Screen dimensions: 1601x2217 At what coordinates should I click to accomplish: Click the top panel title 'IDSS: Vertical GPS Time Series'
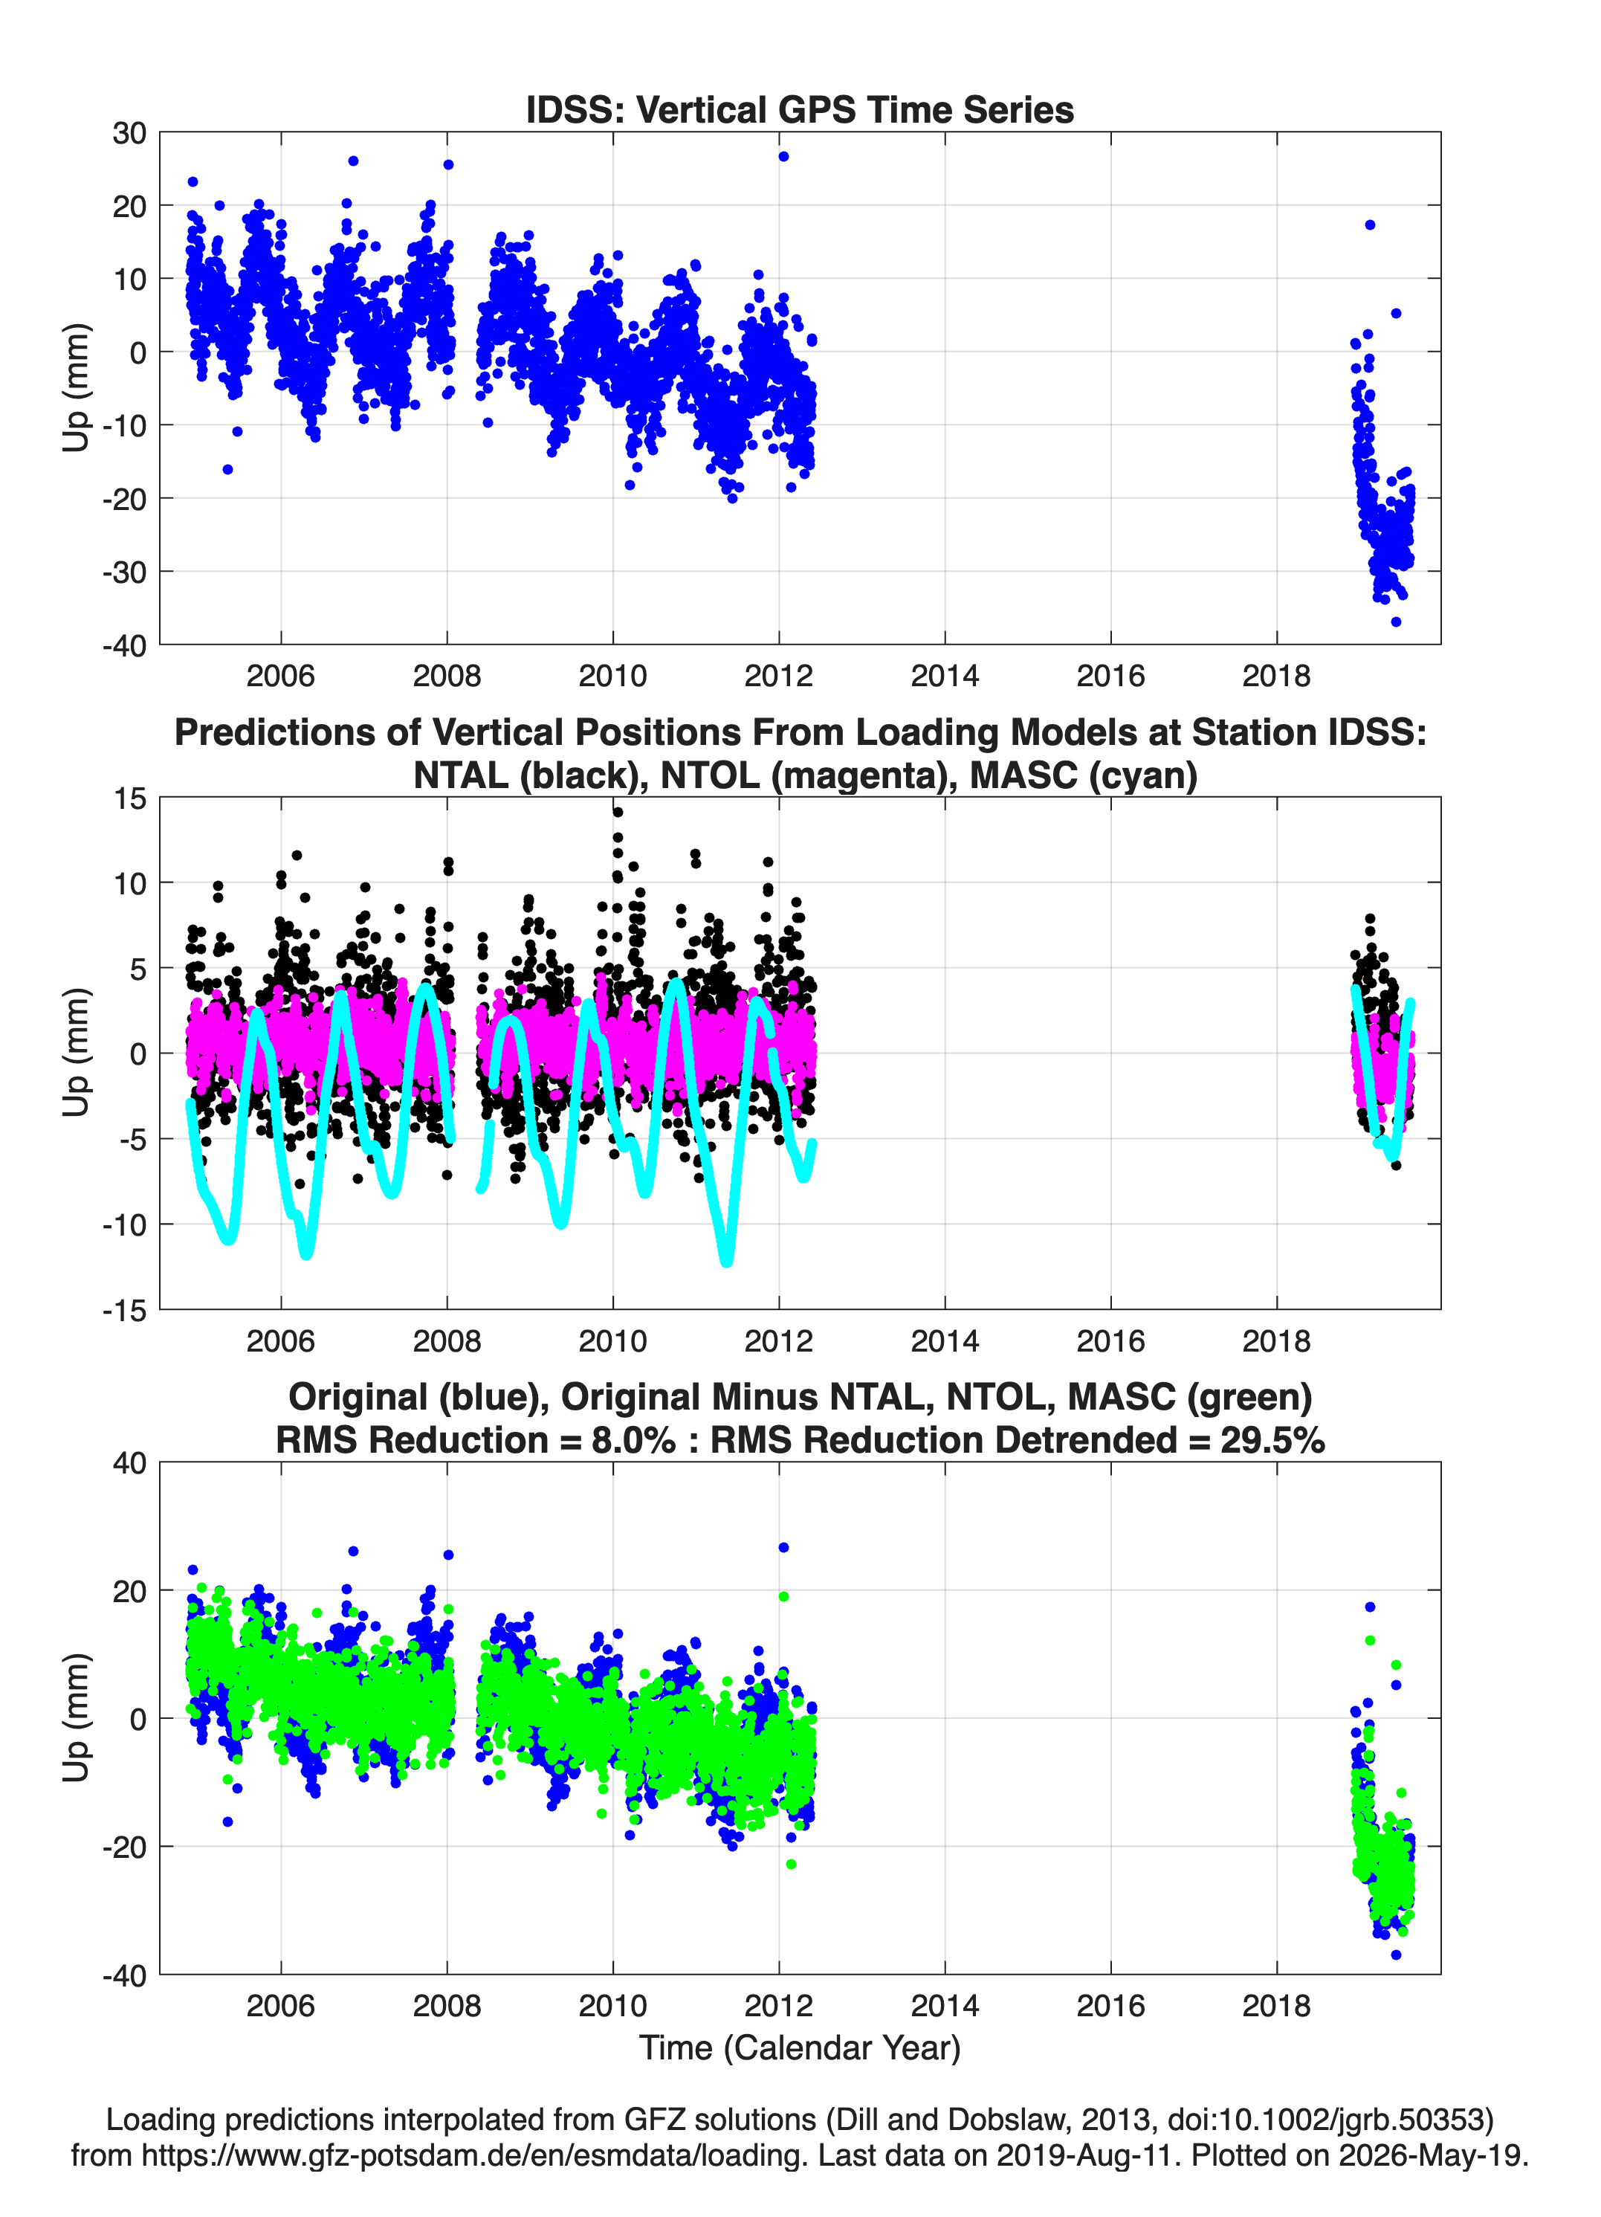pos(800,109)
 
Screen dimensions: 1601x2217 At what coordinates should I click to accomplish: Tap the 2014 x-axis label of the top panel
pos(944,676)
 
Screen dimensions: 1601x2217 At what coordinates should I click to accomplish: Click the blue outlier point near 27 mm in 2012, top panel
pos(783,156)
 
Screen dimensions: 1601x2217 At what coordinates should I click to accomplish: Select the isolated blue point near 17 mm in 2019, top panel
pos(1371,225)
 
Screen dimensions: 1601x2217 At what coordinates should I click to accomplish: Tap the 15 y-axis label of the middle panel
pos(130,798)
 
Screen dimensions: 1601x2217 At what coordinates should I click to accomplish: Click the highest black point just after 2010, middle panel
pos(618,811)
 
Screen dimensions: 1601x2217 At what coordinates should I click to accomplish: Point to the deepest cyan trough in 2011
pos(726,1261)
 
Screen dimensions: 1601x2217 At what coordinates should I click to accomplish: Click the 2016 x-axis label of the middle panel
pos(1110,1341)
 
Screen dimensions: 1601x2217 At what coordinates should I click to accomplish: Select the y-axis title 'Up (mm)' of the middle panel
pos(77,1052)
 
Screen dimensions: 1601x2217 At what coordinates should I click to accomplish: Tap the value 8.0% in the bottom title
pos(633,1440)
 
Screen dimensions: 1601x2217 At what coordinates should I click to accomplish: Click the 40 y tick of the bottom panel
pos(130,1463)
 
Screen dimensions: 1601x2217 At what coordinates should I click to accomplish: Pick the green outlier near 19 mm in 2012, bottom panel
pos(783,1596)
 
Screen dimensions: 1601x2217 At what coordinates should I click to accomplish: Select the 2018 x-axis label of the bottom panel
pos(1276,2006)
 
